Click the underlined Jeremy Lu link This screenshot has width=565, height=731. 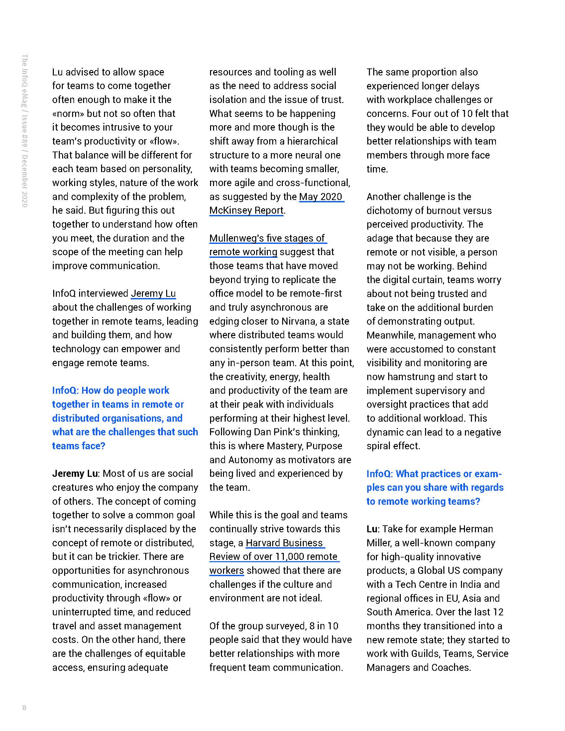tap(153, 293)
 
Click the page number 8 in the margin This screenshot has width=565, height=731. tap(24, 707)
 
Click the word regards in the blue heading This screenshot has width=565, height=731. tap(487, 487)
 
